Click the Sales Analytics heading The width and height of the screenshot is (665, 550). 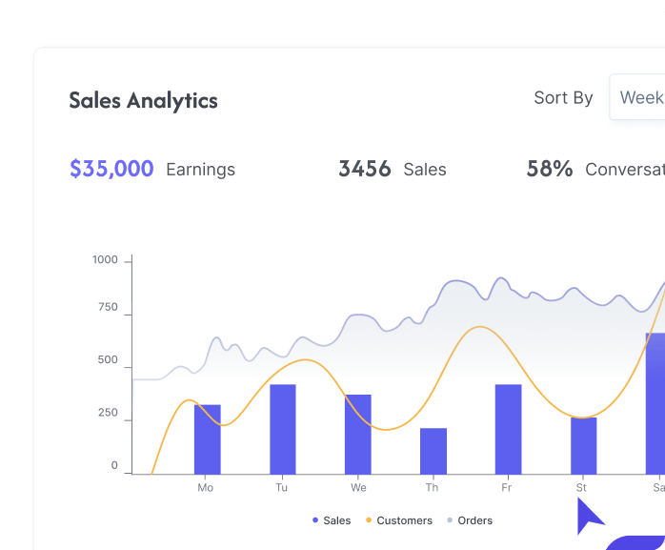(x=143, y=100)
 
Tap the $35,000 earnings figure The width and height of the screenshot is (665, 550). (x=111, y=169)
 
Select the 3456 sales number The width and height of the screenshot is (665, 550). (x=365, y=169)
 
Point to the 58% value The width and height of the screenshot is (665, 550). (x=550, y=169)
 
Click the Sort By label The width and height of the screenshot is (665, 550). (x=563, y=97)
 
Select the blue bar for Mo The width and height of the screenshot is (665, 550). (x=207, y=439)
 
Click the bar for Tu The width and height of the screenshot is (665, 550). (x=283, y=429)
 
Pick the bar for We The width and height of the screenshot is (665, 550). (x=358, y=434)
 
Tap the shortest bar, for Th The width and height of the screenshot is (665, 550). (x=433, y=451)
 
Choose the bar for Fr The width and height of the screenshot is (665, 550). (x=509, y=429)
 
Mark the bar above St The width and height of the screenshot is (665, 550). (x=584, y=445)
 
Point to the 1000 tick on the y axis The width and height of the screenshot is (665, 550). (x=105, y=260)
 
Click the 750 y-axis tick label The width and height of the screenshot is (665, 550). (x=108, y=308)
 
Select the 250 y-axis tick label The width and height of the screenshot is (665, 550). (x=108, y=415)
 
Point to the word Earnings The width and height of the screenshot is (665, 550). (x=200, y=170)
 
